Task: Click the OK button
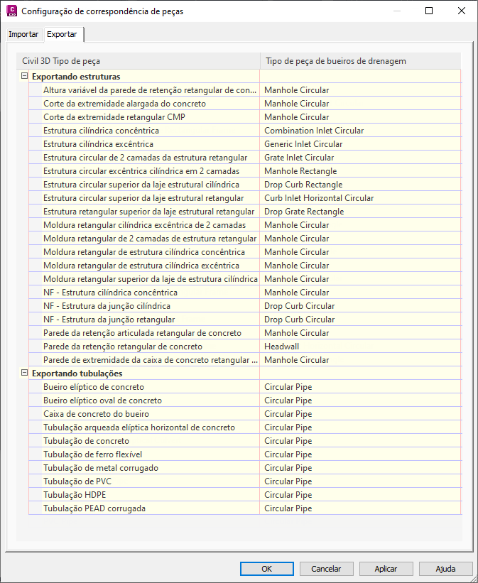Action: click(x=266, y=569)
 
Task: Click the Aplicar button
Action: click(x=386, y=569)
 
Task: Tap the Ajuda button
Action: click(x=445, y=569)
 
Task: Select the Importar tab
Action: click(x=23, y=35)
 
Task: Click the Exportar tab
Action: click(x=62, y=34)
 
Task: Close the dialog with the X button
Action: click(x=462, y=11)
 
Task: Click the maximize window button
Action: click(x=429, y=11)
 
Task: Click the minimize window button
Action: click(x=396, y=11)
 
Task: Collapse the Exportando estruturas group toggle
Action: click(x=25, y=76)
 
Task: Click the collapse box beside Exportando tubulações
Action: click(x=25, y=373)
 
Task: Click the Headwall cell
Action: click(x=281, y=347)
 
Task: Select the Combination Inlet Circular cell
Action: click(x=313, y=131)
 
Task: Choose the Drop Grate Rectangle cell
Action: click(x=303, y=212)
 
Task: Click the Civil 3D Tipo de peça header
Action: click(x=61, y=61)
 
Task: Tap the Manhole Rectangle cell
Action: click(x=300, y=171)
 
